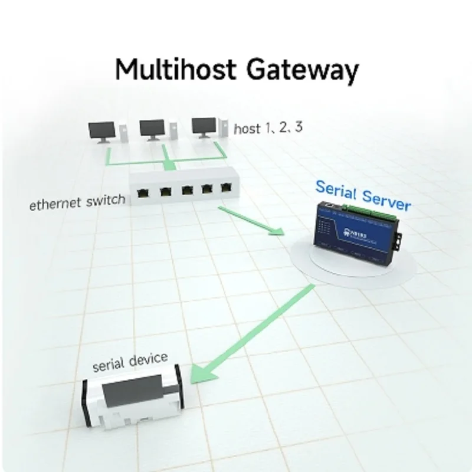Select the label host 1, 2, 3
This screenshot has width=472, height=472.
268,128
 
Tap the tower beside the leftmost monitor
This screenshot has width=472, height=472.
123,132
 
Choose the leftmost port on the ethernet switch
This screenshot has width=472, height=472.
143,192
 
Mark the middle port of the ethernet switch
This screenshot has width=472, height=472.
187,190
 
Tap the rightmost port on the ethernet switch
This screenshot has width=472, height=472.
227,188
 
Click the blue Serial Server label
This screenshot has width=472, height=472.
363,195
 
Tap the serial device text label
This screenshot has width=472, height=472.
130,361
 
